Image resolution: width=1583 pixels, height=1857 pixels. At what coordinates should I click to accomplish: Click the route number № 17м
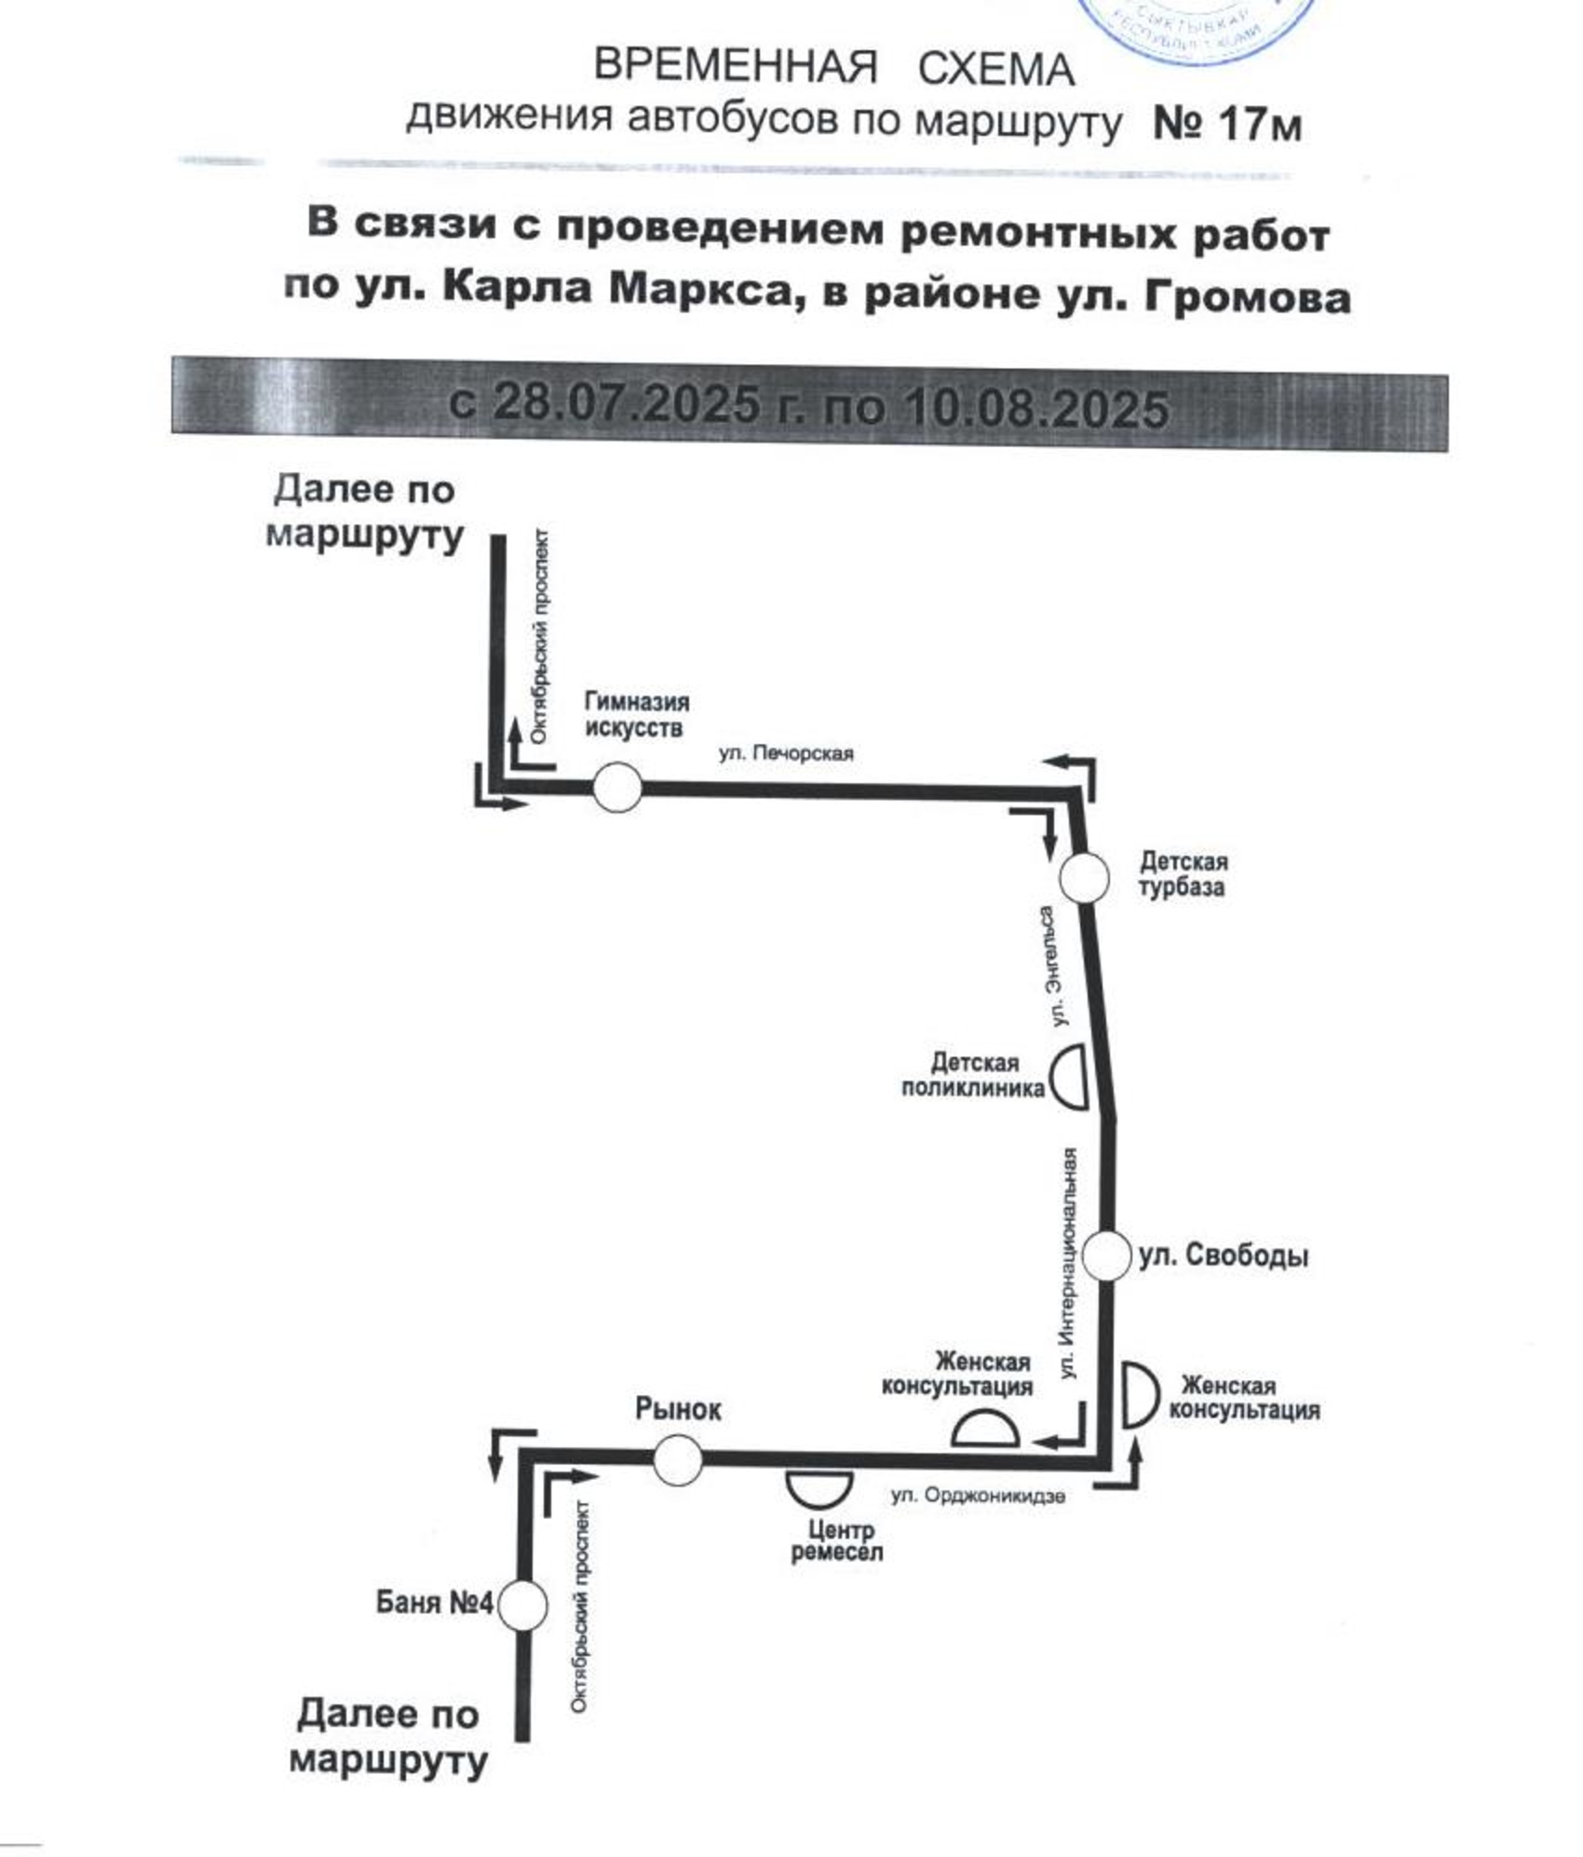[1226, 124]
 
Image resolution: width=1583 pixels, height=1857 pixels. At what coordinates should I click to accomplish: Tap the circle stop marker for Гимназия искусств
[617, 787]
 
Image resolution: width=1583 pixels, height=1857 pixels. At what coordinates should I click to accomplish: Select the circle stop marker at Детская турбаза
[1085, 877]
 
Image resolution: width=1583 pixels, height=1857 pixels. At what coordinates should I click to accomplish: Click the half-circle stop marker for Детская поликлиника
[1072, 1076]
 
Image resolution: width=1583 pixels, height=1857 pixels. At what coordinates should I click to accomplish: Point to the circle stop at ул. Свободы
[1106, 1255]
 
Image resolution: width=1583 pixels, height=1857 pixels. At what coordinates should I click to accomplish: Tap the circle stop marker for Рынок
[677, 1459]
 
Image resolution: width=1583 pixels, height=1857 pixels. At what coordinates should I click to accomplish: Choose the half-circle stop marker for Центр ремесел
[819, 1485]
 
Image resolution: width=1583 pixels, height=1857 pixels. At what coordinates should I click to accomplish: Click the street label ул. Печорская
[785, 752]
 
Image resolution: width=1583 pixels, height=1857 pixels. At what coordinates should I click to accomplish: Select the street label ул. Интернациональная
[1070, 1263]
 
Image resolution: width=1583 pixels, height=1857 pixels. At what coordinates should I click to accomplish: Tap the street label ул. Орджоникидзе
[977, 1496]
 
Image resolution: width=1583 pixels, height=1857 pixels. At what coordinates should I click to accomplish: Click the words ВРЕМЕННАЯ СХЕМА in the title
[833, 69]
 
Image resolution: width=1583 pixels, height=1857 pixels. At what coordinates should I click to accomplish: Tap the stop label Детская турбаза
[1183, 874]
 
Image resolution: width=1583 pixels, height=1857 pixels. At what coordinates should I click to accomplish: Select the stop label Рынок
[678, 1409]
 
